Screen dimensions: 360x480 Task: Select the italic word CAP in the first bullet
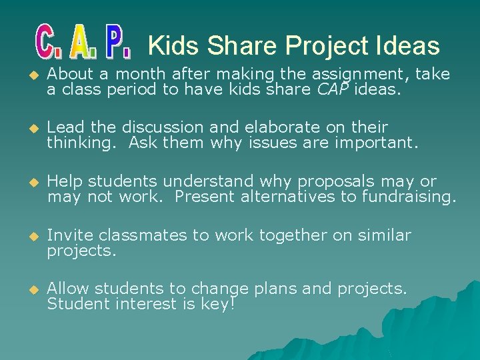(x=334, y=89)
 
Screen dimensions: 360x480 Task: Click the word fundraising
(x=409, y=196)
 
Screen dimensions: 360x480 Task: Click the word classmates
(x=136, y=235)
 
